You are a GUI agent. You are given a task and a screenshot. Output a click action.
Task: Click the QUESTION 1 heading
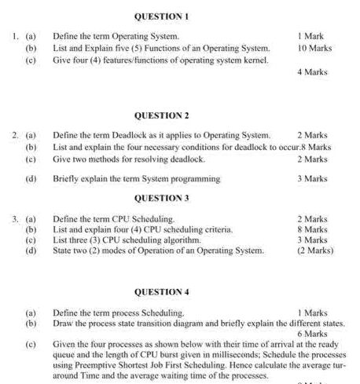[x=161, y=16]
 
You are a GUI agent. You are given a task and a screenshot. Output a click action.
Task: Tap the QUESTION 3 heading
[x=161, y=198]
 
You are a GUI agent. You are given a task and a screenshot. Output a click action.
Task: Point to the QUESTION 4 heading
[x=161, y=292]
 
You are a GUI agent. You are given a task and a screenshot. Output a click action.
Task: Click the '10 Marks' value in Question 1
[x=314, y=48]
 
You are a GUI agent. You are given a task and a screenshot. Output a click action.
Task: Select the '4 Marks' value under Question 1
[x=312, y=72]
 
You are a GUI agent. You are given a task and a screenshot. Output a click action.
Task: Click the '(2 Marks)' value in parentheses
[x=315, y=251]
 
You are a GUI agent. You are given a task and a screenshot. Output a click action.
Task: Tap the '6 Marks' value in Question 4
[x=312, y=334]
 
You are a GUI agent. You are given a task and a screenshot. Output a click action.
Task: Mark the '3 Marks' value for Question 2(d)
[x=312, y=179]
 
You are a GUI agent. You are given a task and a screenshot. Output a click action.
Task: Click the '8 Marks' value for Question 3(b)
[x=312, y=229]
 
